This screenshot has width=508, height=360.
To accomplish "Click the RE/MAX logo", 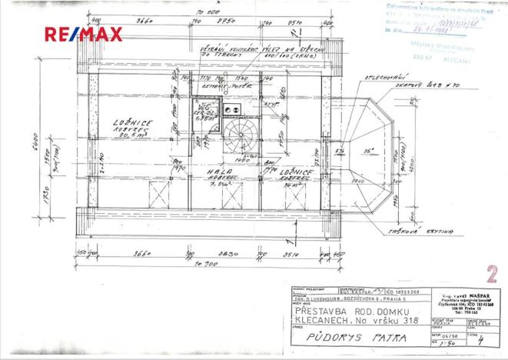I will [82, 35].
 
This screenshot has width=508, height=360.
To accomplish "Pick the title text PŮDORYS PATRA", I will [337, 338].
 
